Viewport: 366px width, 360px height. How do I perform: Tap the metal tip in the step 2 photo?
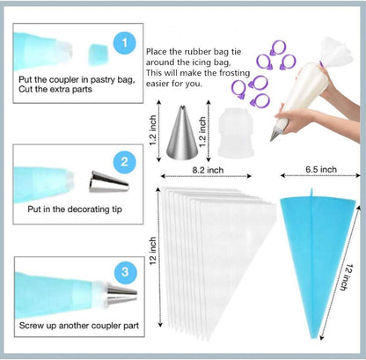pos(99,184)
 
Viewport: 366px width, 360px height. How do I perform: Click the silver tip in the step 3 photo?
pos(121,291)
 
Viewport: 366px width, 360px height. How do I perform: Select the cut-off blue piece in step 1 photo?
pos(99,47)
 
